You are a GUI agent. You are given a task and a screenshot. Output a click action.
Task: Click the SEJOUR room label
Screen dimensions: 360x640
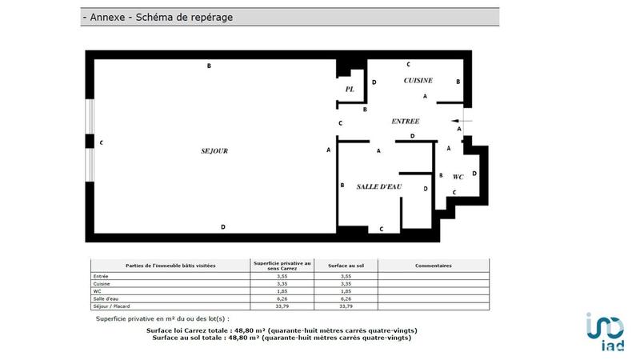pos(214,150)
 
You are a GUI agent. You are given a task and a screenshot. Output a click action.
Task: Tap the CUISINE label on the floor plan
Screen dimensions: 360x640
pos(418,81)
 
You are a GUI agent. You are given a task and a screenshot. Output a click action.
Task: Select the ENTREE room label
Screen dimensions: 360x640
pos(405,122)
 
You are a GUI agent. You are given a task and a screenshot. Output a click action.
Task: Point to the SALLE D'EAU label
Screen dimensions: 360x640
pos(379,186)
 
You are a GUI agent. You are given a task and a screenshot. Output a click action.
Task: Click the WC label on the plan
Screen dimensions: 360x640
pos(458,177)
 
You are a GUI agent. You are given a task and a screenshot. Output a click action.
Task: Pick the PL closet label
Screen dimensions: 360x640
pos(350,90)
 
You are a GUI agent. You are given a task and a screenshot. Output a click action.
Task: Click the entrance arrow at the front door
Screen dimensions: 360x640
pos(465,121)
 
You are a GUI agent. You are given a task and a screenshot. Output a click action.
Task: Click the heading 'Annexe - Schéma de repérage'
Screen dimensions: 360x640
pos(158,17)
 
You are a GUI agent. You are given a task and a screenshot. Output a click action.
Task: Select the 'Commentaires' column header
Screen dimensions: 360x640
pos(433,266)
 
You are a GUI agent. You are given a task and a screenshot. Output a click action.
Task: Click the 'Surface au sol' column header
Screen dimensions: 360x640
pos(346,266)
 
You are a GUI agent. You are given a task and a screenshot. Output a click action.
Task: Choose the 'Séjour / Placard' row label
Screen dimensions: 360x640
pos(112,305)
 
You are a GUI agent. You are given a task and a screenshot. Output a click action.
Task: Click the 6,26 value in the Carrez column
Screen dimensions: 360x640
pos(282,298)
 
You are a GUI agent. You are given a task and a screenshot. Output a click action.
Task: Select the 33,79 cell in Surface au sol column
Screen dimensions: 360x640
pos(346,305)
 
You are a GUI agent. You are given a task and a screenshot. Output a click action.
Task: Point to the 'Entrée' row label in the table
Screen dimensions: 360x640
pos(100,276)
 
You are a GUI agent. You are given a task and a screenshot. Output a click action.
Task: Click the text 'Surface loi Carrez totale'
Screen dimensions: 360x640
pos(188,330)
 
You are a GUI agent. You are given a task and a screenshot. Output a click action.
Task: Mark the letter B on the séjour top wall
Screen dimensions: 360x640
pos(209,66)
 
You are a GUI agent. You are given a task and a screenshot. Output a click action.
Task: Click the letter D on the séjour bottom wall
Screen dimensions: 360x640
pos(223,228)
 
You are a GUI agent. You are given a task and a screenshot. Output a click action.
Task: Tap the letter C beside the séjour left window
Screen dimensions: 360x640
pos(102,142)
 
